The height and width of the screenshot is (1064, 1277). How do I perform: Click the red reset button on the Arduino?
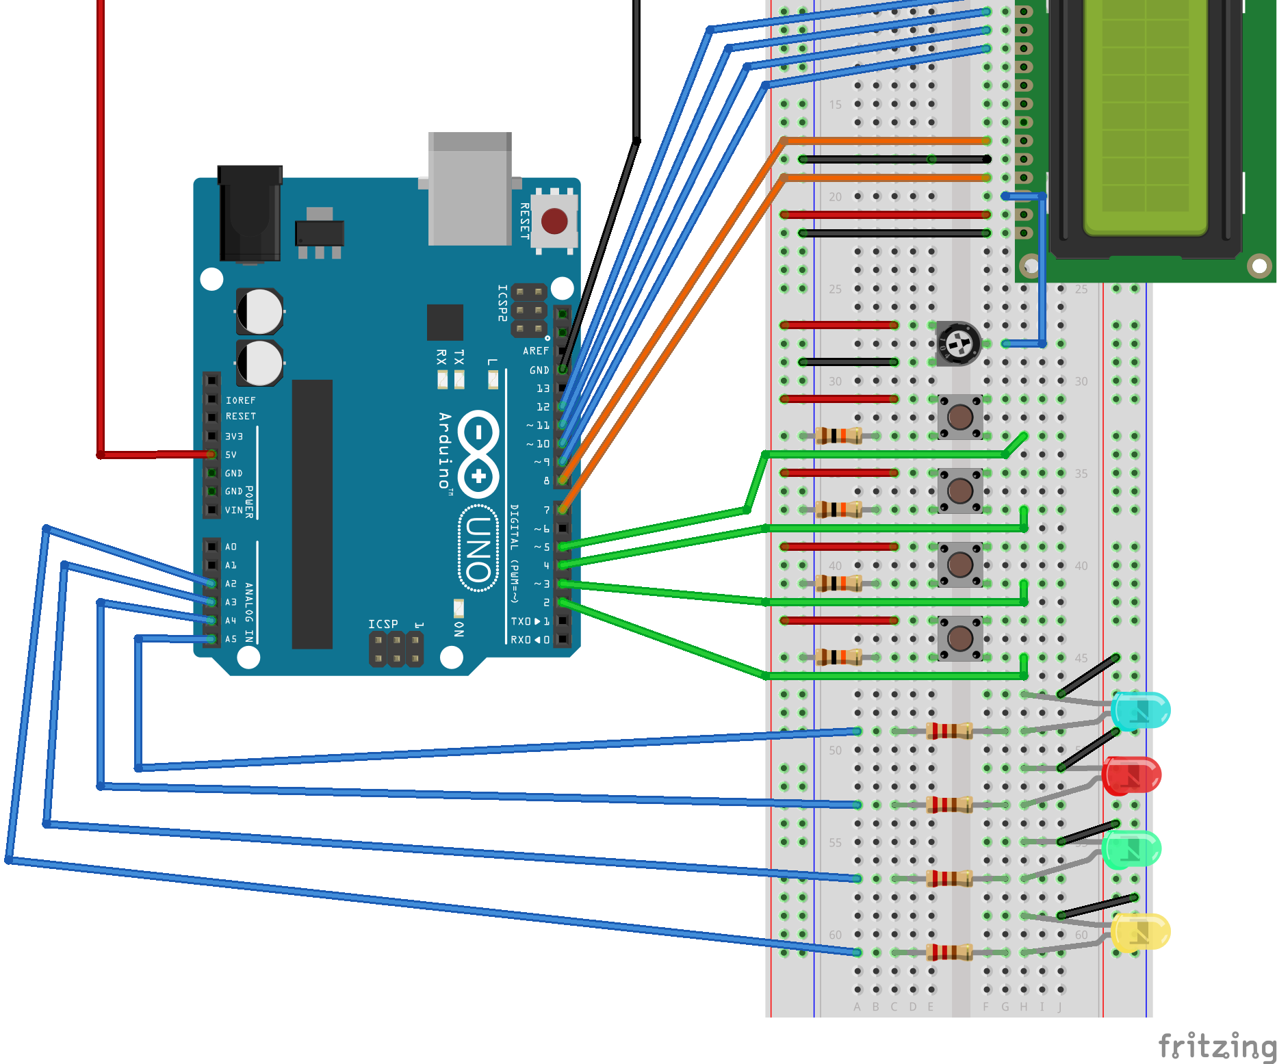pos(554,221)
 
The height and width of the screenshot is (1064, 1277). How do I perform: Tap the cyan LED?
pos(1139,710)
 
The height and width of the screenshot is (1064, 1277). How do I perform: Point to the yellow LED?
pos(1139,932)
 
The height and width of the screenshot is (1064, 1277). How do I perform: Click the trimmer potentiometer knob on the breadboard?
pos(959,342)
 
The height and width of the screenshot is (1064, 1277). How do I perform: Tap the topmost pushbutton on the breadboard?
pos(959,417)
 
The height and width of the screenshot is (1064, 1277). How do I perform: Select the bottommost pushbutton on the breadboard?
pos(959,638)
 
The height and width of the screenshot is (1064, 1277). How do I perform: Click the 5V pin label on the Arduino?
pos(231,455)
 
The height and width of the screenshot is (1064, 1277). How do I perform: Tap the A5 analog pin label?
pos(231,639)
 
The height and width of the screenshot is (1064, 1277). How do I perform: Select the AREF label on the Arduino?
pos(536,351)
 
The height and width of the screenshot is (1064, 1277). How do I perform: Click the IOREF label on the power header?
pos(241,400)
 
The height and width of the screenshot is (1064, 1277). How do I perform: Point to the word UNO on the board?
pos(478,548)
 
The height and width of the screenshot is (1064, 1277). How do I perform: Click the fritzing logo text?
pos(1217,1046)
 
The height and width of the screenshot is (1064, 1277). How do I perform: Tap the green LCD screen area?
pos(1146,116)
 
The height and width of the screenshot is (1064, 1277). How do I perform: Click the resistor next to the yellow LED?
pos(949,952)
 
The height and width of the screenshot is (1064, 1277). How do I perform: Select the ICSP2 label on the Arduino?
pos(502,303)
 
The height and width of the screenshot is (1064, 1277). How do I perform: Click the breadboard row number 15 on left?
pos(835,105)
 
